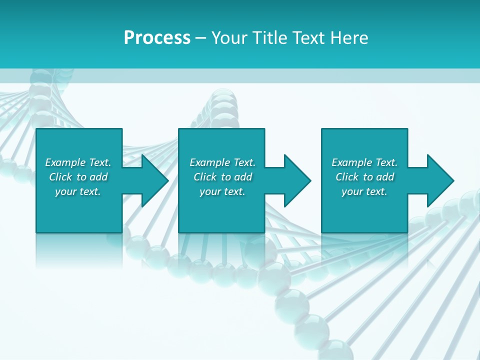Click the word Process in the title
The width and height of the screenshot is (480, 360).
(x=157, y=38)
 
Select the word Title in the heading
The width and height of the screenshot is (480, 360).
(x=268, y=38)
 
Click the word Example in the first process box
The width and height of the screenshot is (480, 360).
(x=65, y=162)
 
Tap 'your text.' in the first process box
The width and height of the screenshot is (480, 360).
(x=78, y=191)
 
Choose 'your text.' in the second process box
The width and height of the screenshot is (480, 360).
(x=222, y=191)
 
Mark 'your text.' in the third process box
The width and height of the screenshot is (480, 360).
(x=364, y=191)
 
